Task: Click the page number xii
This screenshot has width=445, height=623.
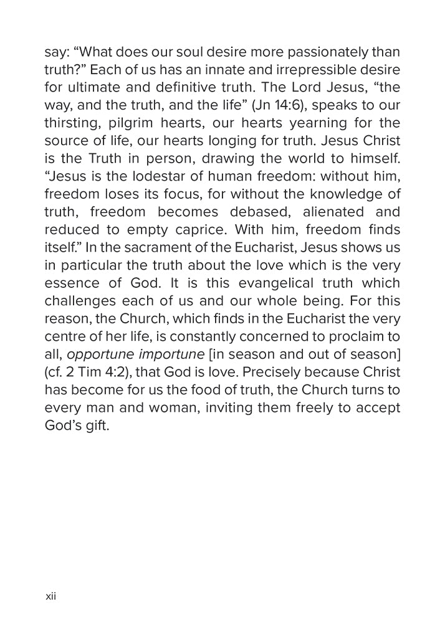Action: [x=51, y=596]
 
